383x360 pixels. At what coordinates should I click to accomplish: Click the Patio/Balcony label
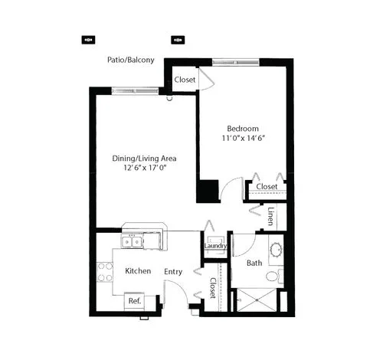(x=131, y=60)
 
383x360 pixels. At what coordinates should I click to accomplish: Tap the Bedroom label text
(x=243, y=129)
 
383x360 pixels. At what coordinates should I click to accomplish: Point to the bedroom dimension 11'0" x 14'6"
(x=243, y=138)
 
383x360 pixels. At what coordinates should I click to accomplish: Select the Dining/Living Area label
(x=144, y=159)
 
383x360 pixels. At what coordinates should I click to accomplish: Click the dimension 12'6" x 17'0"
(x=145, y=168)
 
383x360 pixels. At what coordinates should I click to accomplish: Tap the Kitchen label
(x=138, y=271)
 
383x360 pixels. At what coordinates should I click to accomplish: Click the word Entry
(x=173, y=272)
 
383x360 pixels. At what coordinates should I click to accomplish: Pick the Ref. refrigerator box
(x=134, y=301)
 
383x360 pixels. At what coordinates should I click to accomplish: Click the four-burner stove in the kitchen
(x=105, y=272)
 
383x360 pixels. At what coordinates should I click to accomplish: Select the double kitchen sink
(x=132, y=242)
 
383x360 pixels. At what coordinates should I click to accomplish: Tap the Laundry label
(x=215, y=246)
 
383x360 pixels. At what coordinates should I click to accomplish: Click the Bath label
(x=254, y=263)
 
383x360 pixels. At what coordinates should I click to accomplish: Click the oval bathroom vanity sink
(x=276, y=250)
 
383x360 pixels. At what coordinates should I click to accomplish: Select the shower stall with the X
(x=257, y=300)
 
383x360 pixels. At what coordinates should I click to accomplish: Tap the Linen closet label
(x=271, y=216)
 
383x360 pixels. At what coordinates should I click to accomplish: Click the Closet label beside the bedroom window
(x=185, y=80)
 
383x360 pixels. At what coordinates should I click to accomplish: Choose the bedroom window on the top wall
(x=236, y=62)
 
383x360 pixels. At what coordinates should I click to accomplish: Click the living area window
(x=136, y=91)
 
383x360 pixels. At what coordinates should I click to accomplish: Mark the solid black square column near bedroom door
(x=208, y=191)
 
